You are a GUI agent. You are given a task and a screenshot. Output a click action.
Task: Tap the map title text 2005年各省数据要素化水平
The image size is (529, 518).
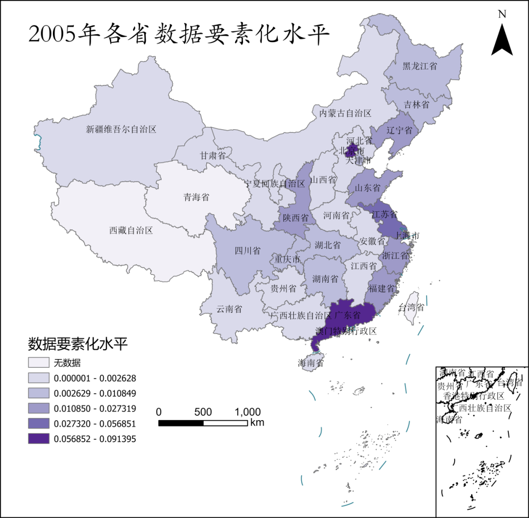click(179, 34)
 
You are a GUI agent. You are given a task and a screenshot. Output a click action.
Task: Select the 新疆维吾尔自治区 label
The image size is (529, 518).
click(121, 130)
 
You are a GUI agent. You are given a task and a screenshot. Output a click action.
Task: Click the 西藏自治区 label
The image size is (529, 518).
click(131, 230)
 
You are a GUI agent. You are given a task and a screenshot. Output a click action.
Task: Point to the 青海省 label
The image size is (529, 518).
click(196, 198)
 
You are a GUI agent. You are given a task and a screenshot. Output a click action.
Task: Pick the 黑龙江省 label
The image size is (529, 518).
click(420, 66)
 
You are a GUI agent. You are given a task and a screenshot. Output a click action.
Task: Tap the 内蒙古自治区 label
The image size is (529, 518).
click(345, 113)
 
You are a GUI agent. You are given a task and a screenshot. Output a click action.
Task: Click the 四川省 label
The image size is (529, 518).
click(247, 251)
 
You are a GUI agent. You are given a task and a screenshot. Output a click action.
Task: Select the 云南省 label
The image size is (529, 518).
click(229, 309)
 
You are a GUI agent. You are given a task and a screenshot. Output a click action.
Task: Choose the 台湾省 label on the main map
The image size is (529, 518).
click(411, 308)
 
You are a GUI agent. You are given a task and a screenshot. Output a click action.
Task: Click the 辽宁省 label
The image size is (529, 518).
click(399, 130)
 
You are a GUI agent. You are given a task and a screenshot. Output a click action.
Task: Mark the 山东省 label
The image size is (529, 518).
click(367, 188)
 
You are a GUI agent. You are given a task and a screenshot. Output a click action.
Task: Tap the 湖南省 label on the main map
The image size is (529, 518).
click(326, 279)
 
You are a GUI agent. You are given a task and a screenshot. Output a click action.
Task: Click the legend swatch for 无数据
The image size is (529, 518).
click(39, 363)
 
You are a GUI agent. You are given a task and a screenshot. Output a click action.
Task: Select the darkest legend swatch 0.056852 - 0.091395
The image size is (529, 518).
click(39, 439)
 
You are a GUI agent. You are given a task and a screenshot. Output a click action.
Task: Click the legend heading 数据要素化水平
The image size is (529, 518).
click(78, 344)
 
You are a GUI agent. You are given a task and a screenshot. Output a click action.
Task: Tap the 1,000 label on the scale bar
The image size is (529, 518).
click(247, 412)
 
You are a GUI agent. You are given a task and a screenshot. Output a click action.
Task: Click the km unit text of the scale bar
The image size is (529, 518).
click(257, 422)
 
